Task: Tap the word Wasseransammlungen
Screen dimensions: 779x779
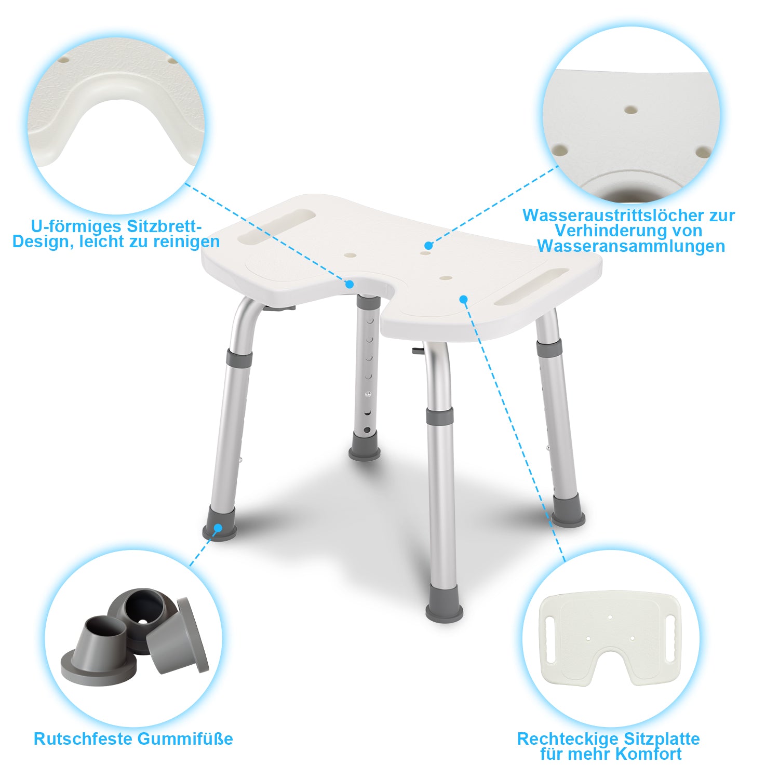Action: point(631,246)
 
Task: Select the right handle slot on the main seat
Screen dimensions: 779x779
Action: point(532,287)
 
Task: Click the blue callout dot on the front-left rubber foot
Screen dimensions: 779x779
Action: point(218,528)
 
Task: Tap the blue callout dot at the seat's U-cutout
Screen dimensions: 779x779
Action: point(350,284)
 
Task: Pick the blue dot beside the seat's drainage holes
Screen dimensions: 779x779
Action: point(428,245)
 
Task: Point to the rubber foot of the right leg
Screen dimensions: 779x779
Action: point(568,511)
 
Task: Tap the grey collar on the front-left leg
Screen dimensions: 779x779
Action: point(239,359)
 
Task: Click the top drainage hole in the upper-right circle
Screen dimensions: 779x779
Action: point(630,110)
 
